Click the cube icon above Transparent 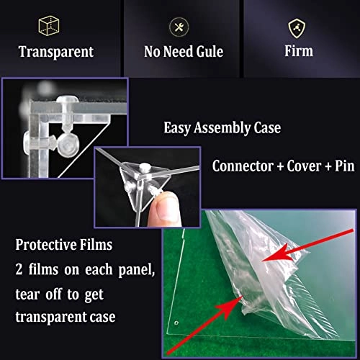pyautogui.click(x=49, y=26)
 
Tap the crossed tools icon pyautogui.click(x=179, y=27)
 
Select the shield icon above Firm pyautogui.click(x=297, y=29)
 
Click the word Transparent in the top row pyautogui.click(x=56, y=52)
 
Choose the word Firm pyautogui.click(x=299, y=51)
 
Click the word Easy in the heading pyautogui.click(x=177, y=128)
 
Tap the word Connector pyautogui.click(x=243, y=166)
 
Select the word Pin pyautogui.click(x=345, y=166)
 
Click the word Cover pyautogui.click(x=304, y=166)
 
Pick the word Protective pyautogui.click(x=45, y=245)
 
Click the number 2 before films pyautogui.click(x=19, y=269)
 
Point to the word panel pyautogui.click(x=137, y=271)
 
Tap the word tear pyautogui.click(x=27, y=294)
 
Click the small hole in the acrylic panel pyautogui.click(x=176, y=323)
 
